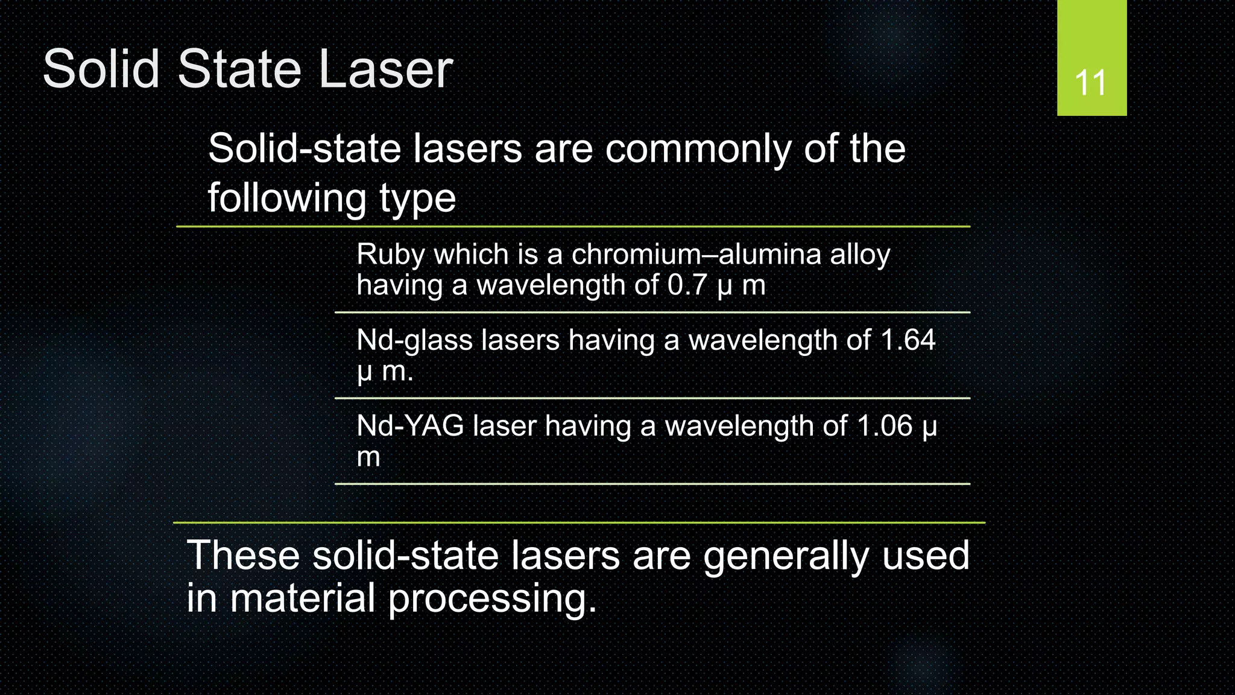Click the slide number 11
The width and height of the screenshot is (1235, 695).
pos(1091,83)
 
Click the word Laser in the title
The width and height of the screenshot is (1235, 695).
pos(386,69)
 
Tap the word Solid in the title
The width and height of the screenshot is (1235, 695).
pos(101,69)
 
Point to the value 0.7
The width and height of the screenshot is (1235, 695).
pos(687,285)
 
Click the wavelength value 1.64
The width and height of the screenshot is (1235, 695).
pos(908,340)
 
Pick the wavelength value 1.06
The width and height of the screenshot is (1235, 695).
pos(885,426)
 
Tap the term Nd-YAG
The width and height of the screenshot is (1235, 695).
pos(410,426)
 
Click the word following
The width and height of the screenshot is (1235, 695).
pos(286,199)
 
